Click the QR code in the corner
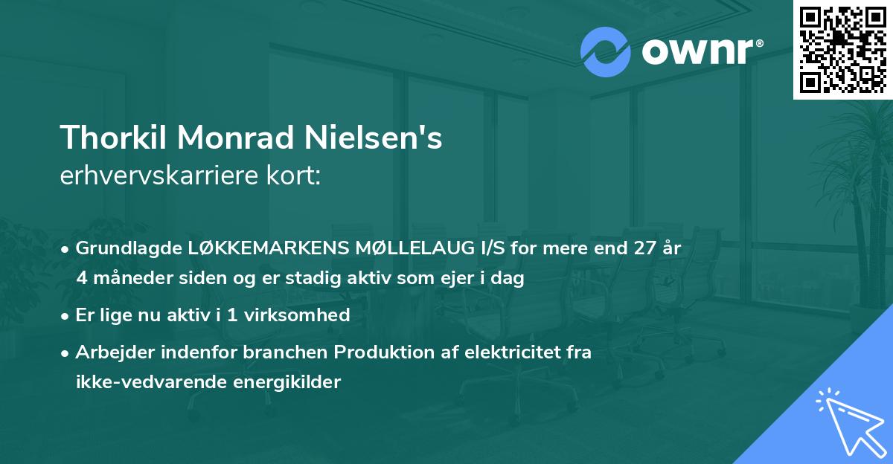(842, 49)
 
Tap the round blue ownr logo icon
(605, 52)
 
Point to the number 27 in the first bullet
(642, 248)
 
